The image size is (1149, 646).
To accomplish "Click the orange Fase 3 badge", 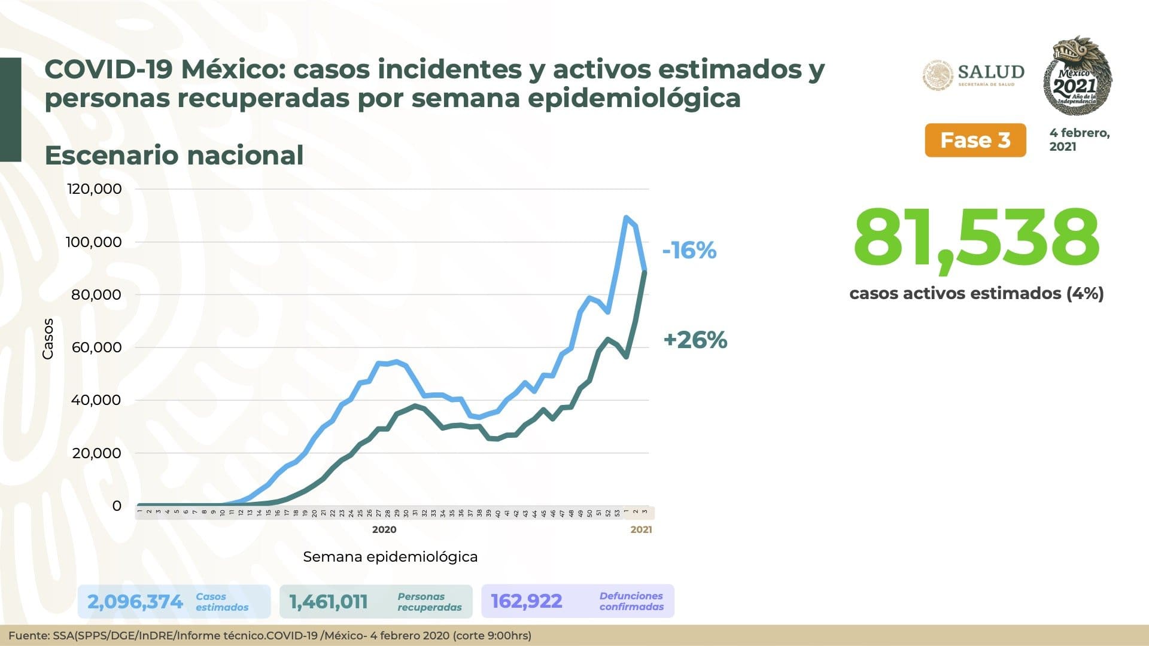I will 975,141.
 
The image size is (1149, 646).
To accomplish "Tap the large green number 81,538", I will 976,239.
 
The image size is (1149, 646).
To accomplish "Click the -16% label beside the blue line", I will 689,250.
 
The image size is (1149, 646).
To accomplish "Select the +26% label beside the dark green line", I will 695,340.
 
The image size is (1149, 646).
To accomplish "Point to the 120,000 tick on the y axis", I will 95,189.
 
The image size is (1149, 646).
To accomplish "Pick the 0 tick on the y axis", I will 117,506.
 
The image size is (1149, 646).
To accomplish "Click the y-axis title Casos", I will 48,339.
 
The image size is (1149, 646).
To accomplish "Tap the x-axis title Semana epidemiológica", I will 390,557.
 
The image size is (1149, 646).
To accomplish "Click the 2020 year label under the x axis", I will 384,529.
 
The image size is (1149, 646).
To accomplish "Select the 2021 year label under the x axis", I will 641,529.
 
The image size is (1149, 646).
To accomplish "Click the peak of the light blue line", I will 626,218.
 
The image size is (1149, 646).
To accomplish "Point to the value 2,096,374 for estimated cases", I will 135,601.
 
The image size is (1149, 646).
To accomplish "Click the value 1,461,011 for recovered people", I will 329,601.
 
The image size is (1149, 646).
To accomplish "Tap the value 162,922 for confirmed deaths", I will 527,601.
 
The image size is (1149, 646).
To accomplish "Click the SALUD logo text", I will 990,72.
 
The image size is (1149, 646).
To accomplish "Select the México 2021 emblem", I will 1077,76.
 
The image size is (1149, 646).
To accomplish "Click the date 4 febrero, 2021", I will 1079,139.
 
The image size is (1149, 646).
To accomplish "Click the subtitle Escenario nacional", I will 174,155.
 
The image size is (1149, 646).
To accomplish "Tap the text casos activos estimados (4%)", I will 976,294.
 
